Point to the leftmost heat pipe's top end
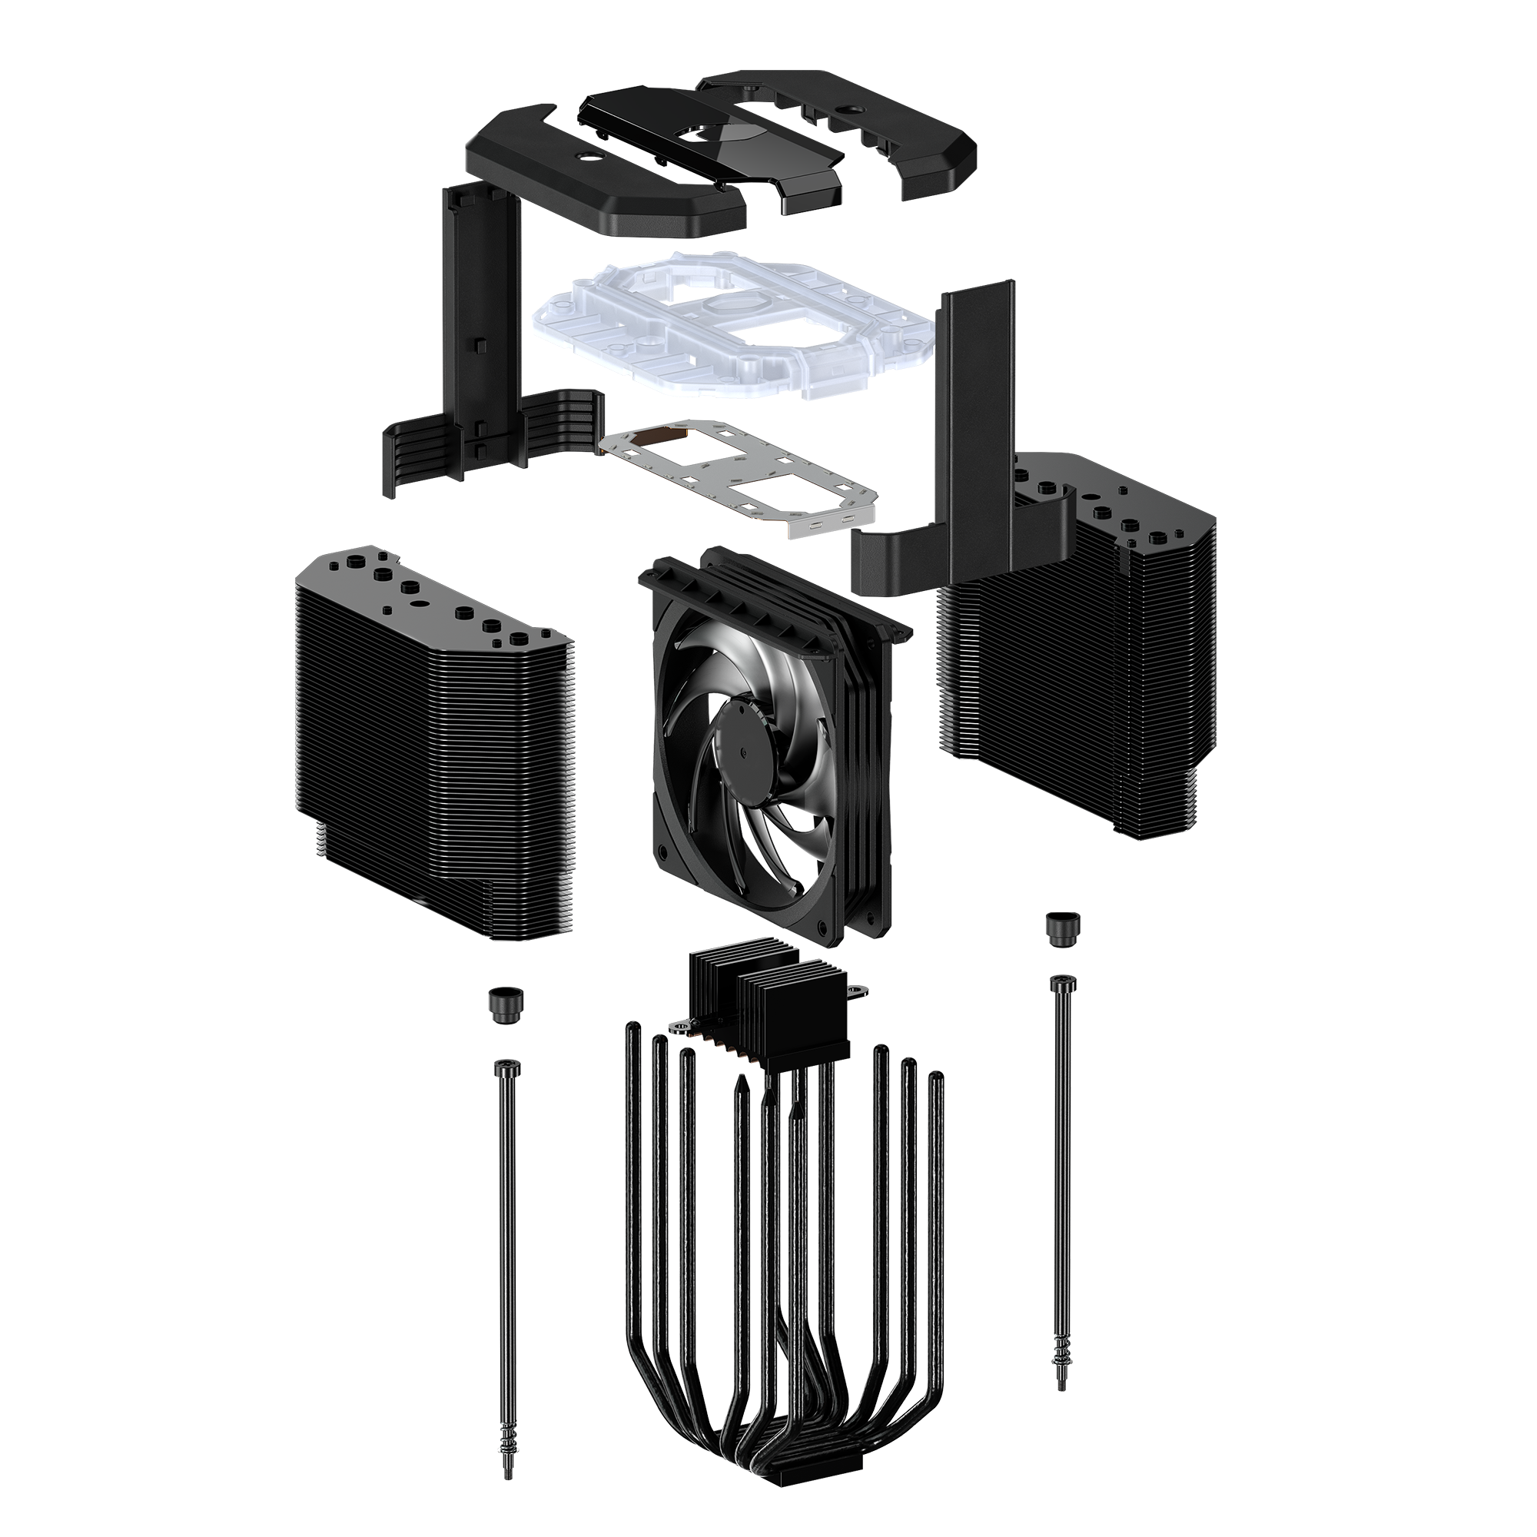pyautogui.click(x=632, y=1031)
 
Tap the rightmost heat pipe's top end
pyautogui.click(x=937, y=1081)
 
